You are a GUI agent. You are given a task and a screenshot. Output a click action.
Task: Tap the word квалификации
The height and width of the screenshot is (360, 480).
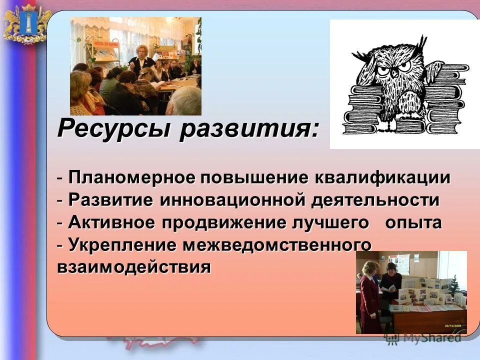382,177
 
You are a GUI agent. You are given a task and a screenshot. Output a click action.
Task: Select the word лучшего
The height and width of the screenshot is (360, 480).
333,222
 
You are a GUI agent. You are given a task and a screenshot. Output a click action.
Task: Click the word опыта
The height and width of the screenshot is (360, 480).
413,222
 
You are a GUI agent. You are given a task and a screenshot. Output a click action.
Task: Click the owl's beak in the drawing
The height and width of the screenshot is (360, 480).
394,71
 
